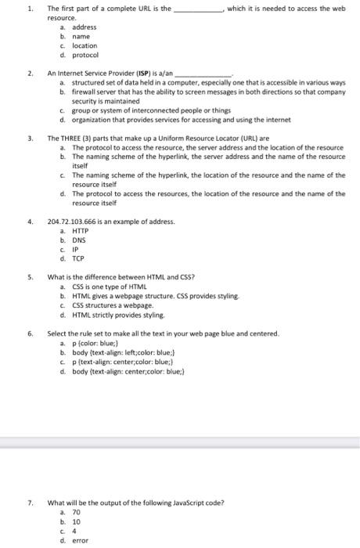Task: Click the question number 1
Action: tap(30, 9)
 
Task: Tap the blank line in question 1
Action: tap(197, 9)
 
